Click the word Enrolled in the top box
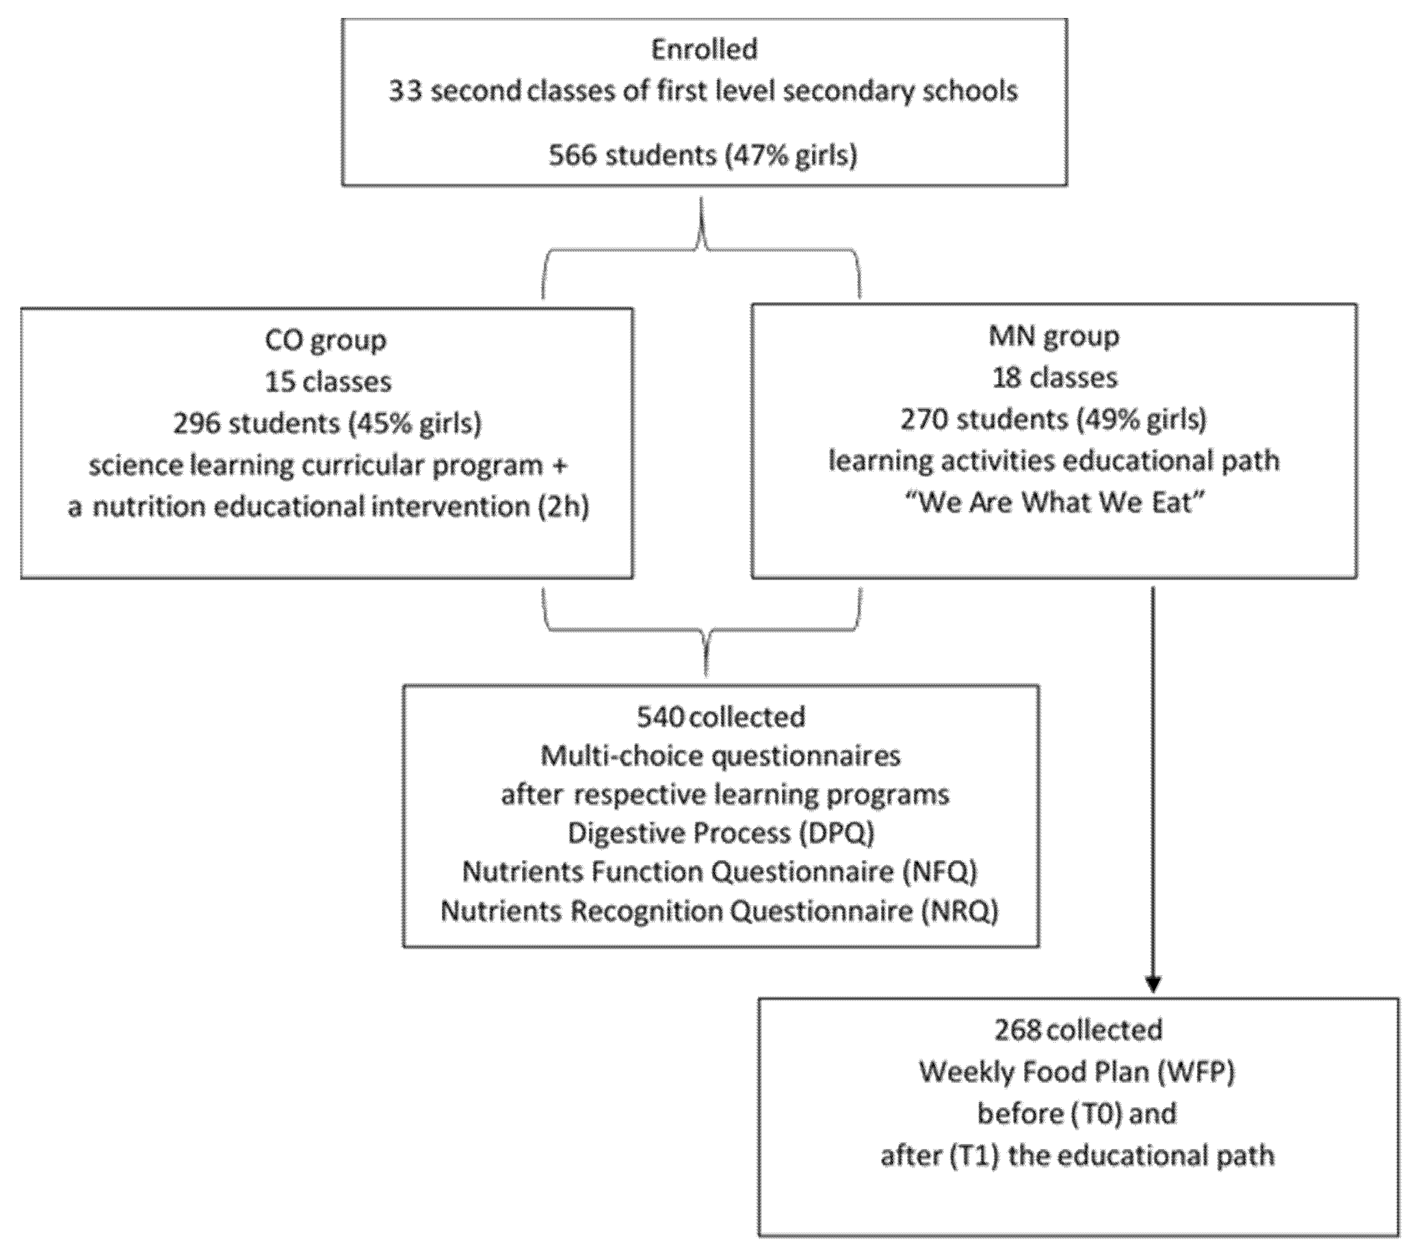[704, 50]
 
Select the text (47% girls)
[790, 155]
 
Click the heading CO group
[326, 340]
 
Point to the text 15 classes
[327, 382]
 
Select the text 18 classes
[1054, 378]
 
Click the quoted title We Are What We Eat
[1056, 503]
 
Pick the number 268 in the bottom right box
[1017, 1030]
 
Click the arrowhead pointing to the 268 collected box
[1153, 984]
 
